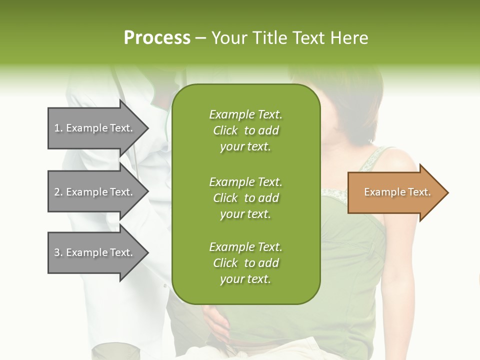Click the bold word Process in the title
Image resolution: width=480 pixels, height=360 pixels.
click(157, 38)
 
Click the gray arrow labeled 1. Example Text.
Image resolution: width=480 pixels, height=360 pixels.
click(95, 128)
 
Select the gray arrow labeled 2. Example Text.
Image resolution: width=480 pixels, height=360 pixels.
click(95, 192)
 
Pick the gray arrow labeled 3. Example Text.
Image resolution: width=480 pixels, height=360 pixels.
click(95, 252)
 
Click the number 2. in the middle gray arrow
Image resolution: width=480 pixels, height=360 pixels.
click(58, 192)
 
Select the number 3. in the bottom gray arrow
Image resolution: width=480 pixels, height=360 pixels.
click(58, 252)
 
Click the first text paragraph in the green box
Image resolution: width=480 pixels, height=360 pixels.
click(245, 130)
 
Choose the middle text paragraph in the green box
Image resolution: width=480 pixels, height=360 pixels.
click(245, 198)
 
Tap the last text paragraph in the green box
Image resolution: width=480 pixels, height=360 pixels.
click(245, 263)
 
